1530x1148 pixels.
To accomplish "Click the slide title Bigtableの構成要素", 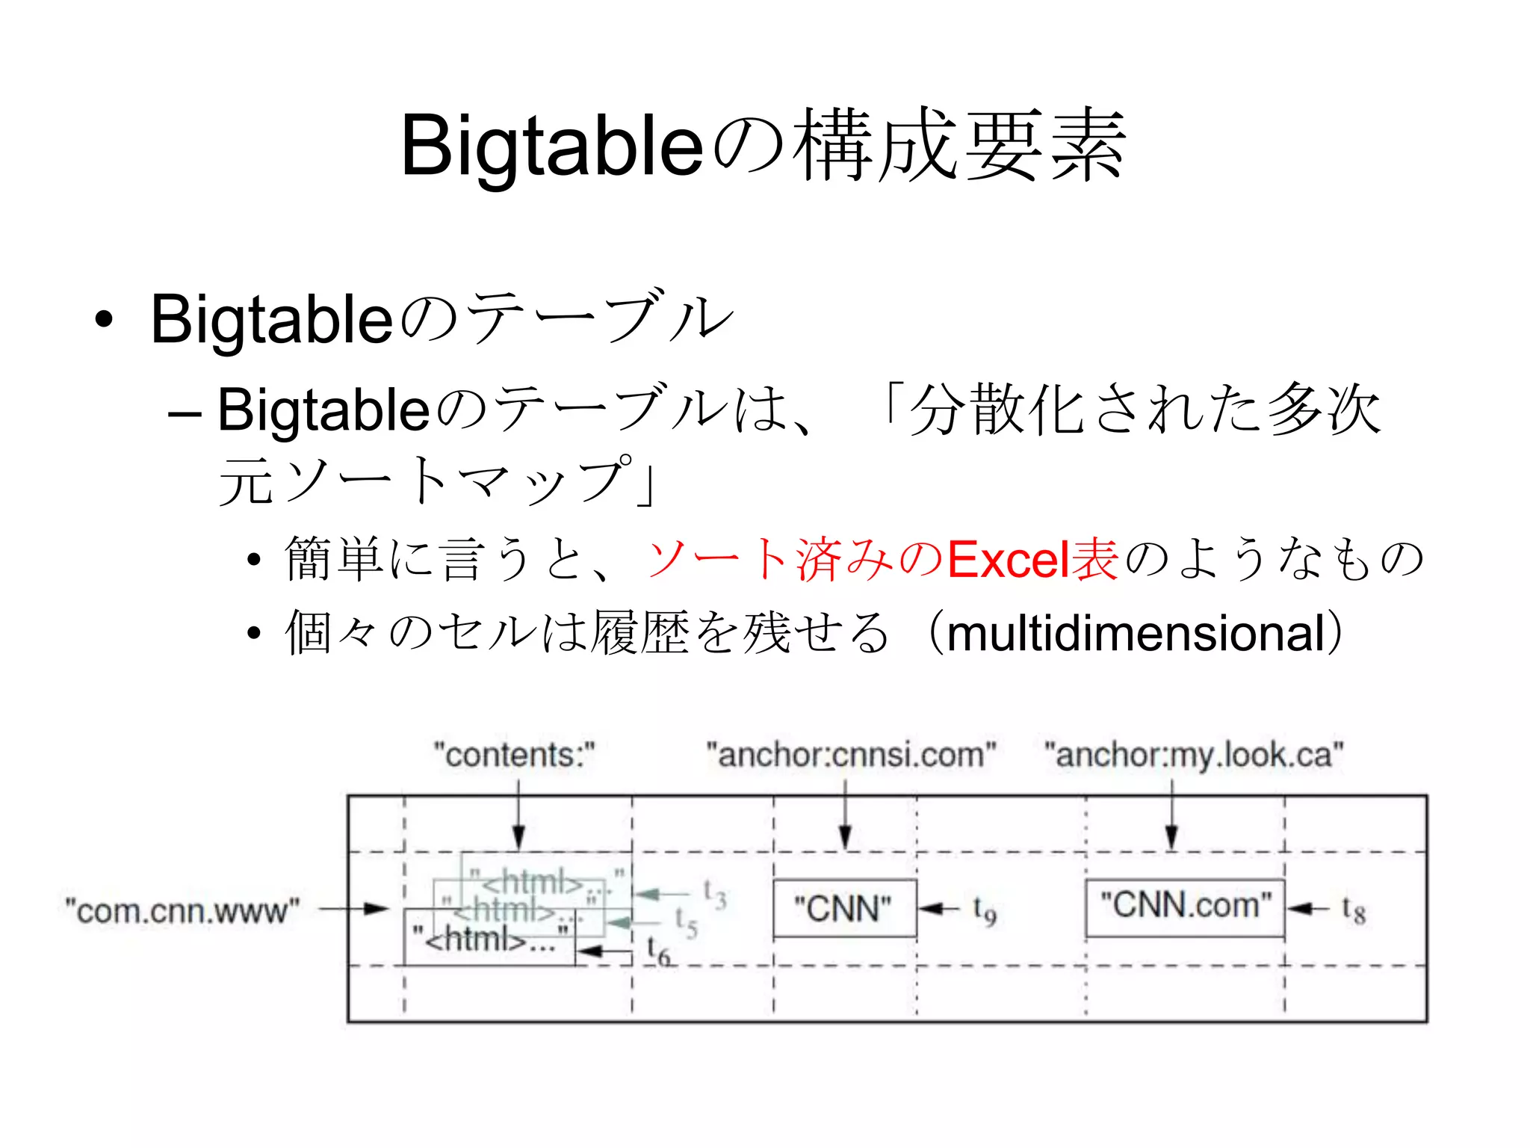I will [764, 146].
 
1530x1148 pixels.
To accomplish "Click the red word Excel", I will [1009, 560].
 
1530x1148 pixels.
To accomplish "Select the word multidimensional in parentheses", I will [1136, 634].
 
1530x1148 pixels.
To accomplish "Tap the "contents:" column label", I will [515, 755].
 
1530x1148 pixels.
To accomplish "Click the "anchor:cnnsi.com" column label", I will [851, 755].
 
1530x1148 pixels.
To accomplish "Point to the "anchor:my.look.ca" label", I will [1193, 755].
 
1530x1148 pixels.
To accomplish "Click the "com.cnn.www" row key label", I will [182, 911].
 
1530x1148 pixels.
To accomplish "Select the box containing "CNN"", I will [844, 909].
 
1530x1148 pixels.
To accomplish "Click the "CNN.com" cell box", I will [1185, 907].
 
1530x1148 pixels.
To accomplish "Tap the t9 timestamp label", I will [984, 910].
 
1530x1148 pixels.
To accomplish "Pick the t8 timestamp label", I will [1353, 910].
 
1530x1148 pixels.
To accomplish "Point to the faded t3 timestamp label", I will [714, 894].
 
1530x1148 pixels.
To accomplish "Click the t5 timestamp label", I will [686, 922].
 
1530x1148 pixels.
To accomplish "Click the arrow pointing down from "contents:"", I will [518, 815].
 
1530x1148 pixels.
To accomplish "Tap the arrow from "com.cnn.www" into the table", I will [355, 910].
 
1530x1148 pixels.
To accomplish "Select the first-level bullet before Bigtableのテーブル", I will [104, 320].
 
